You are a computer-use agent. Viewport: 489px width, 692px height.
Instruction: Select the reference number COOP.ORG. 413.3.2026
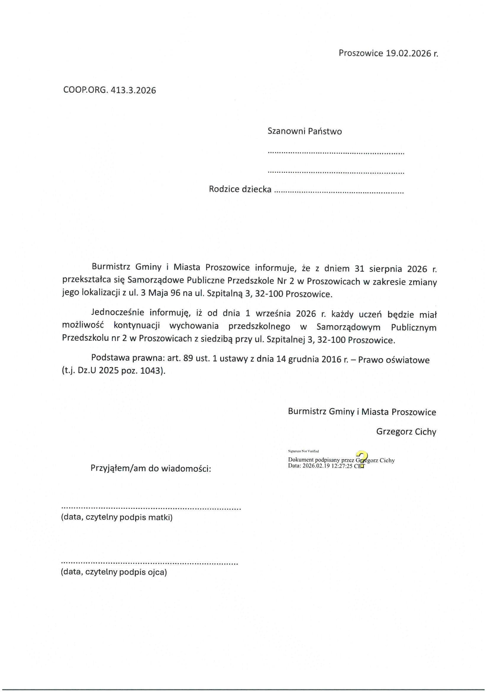[x=110, y=90]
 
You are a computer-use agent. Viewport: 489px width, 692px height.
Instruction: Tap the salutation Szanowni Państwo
[x=305, y=131]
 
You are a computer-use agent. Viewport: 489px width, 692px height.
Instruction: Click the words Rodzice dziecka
[x=240, y=189]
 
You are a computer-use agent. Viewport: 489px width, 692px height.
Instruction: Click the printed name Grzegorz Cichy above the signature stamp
[x=406, y=432]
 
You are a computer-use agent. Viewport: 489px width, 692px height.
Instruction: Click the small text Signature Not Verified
[x=304, y=451]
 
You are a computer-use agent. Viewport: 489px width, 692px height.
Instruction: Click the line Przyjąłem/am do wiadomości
[x=151, y=469]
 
